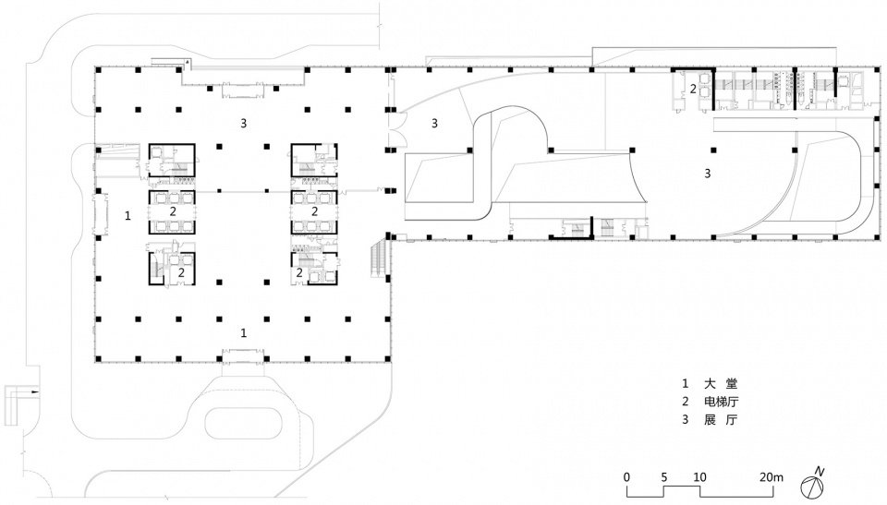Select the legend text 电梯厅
[x=727, y=401]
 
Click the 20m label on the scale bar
[x=772, y=476]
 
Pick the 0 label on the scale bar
[x=626, y=476]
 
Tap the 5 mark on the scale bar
[x=663, y=476]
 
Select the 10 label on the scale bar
[x=699, y=476]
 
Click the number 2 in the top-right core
[x=692, y=90]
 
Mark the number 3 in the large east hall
[x=708, y=173]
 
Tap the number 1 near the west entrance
[x=128, y=214]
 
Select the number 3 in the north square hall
[x=243, y=123]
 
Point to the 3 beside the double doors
[x=433, y=123]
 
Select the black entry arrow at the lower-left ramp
[x=34, y=391]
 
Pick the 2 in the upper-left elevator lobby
[x=173, y=211]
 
